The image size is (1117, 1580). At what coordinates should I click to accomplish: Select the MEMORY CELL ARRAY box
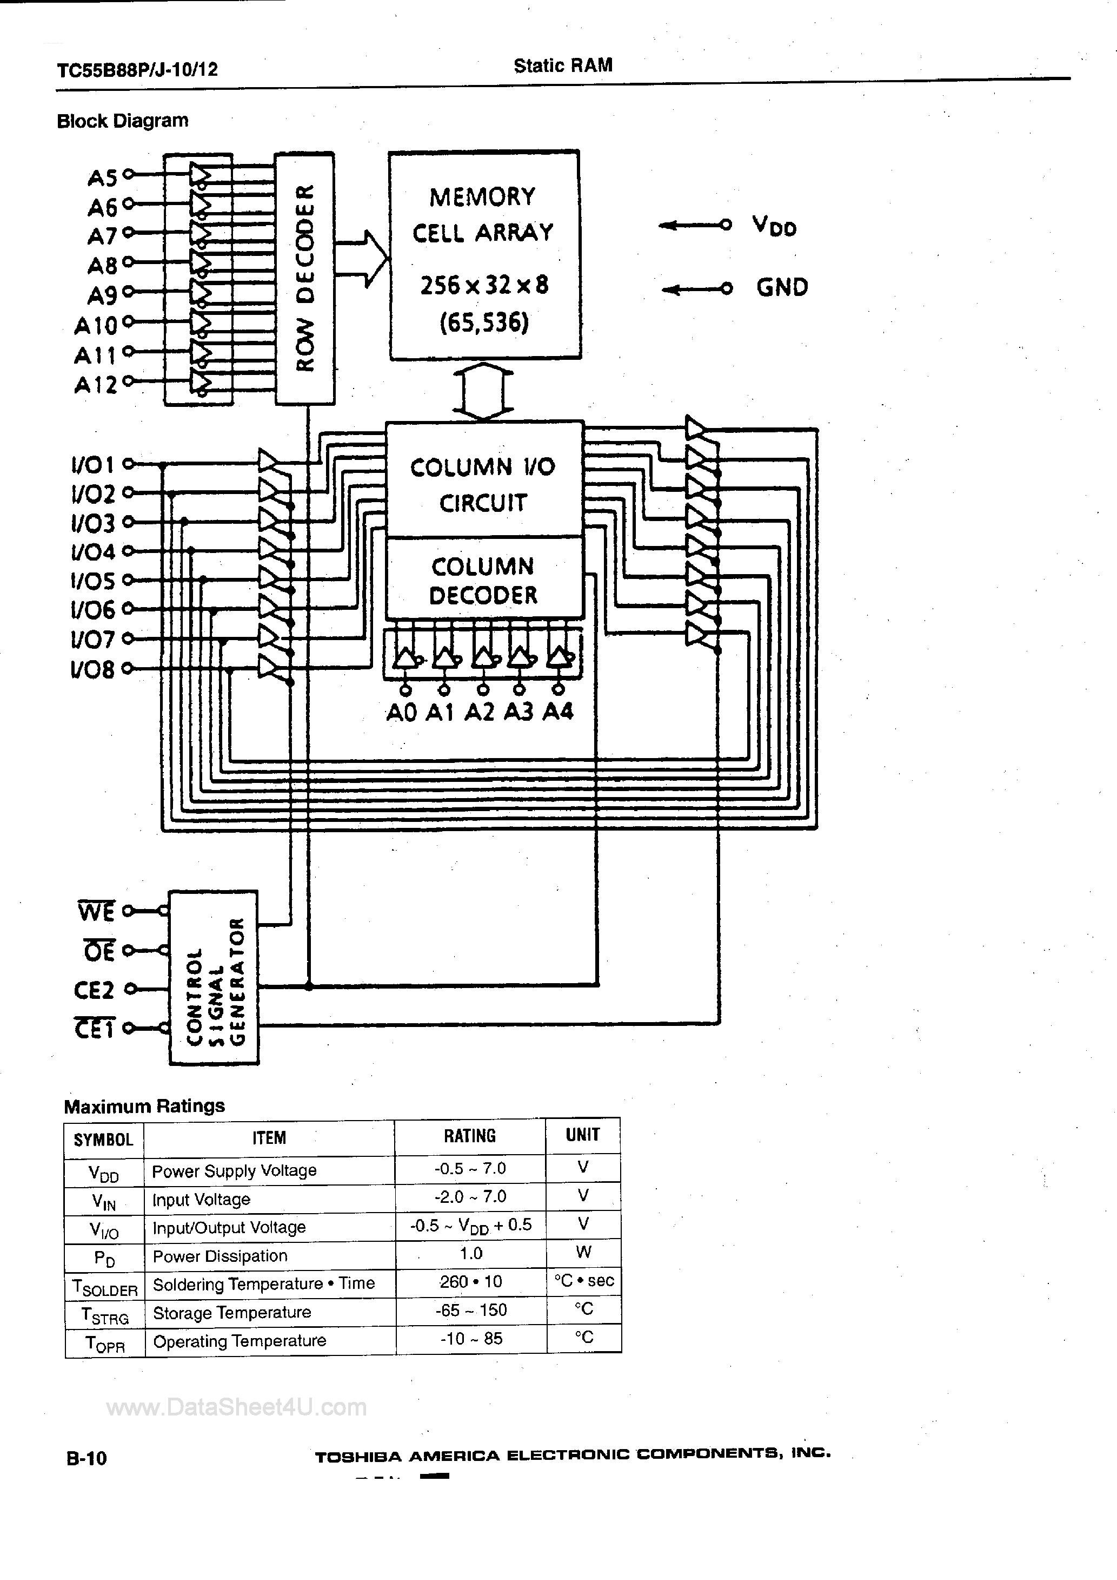point(484,255)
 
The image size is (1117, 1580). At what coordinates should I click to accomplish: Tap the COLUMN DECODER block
point(483,580)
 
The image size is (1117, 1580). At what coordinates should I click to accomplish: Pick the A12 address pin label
point(96,384)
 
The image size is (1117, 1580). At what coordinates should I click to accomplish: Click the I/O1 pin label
point(94,465)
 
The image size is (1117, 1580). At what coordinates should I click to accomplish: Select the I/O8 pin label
point(93,669)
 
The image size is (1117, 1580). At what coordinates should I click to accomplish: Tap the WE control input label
point(96,912)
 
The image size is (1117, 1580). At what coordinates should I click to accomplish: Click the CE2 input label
point(94,990)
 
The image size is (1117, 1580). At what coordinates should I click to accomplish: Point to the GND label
point(782,287)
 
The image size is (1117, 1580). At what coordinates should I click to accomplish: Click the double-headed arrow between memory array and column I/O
point(483,391)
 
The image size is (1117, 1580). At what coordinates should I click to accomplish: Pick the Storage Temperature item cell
point(232,1312)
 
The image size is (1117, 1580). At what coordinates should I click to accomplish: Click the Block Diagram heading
point(122,121)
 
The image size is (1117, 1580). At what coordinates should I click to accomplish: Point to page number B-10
point(87,1458)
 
